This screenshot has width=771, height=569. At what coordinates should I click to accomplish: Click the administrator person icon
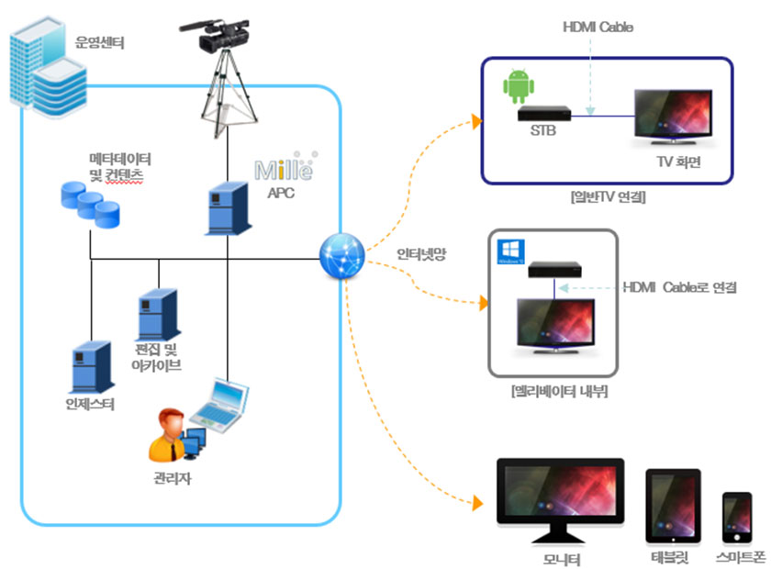(169, 436)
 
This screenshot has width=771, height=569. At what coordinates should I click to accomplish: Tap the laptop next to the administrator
(220, 405)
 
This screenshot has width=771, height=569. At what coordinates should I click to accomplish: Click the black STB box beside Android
(544, 115)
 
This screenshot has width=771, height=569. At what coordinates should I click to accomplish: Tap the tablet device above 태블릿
(674, 508)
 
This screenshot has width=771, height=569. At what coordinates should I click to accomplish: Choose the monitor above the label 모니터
(559, 496)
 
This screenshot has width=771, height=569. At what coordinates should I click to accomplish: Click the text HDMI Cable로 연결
(679, 288)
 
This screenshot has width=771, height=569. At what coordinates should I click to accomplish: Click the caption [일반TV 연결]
(607, 196)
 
